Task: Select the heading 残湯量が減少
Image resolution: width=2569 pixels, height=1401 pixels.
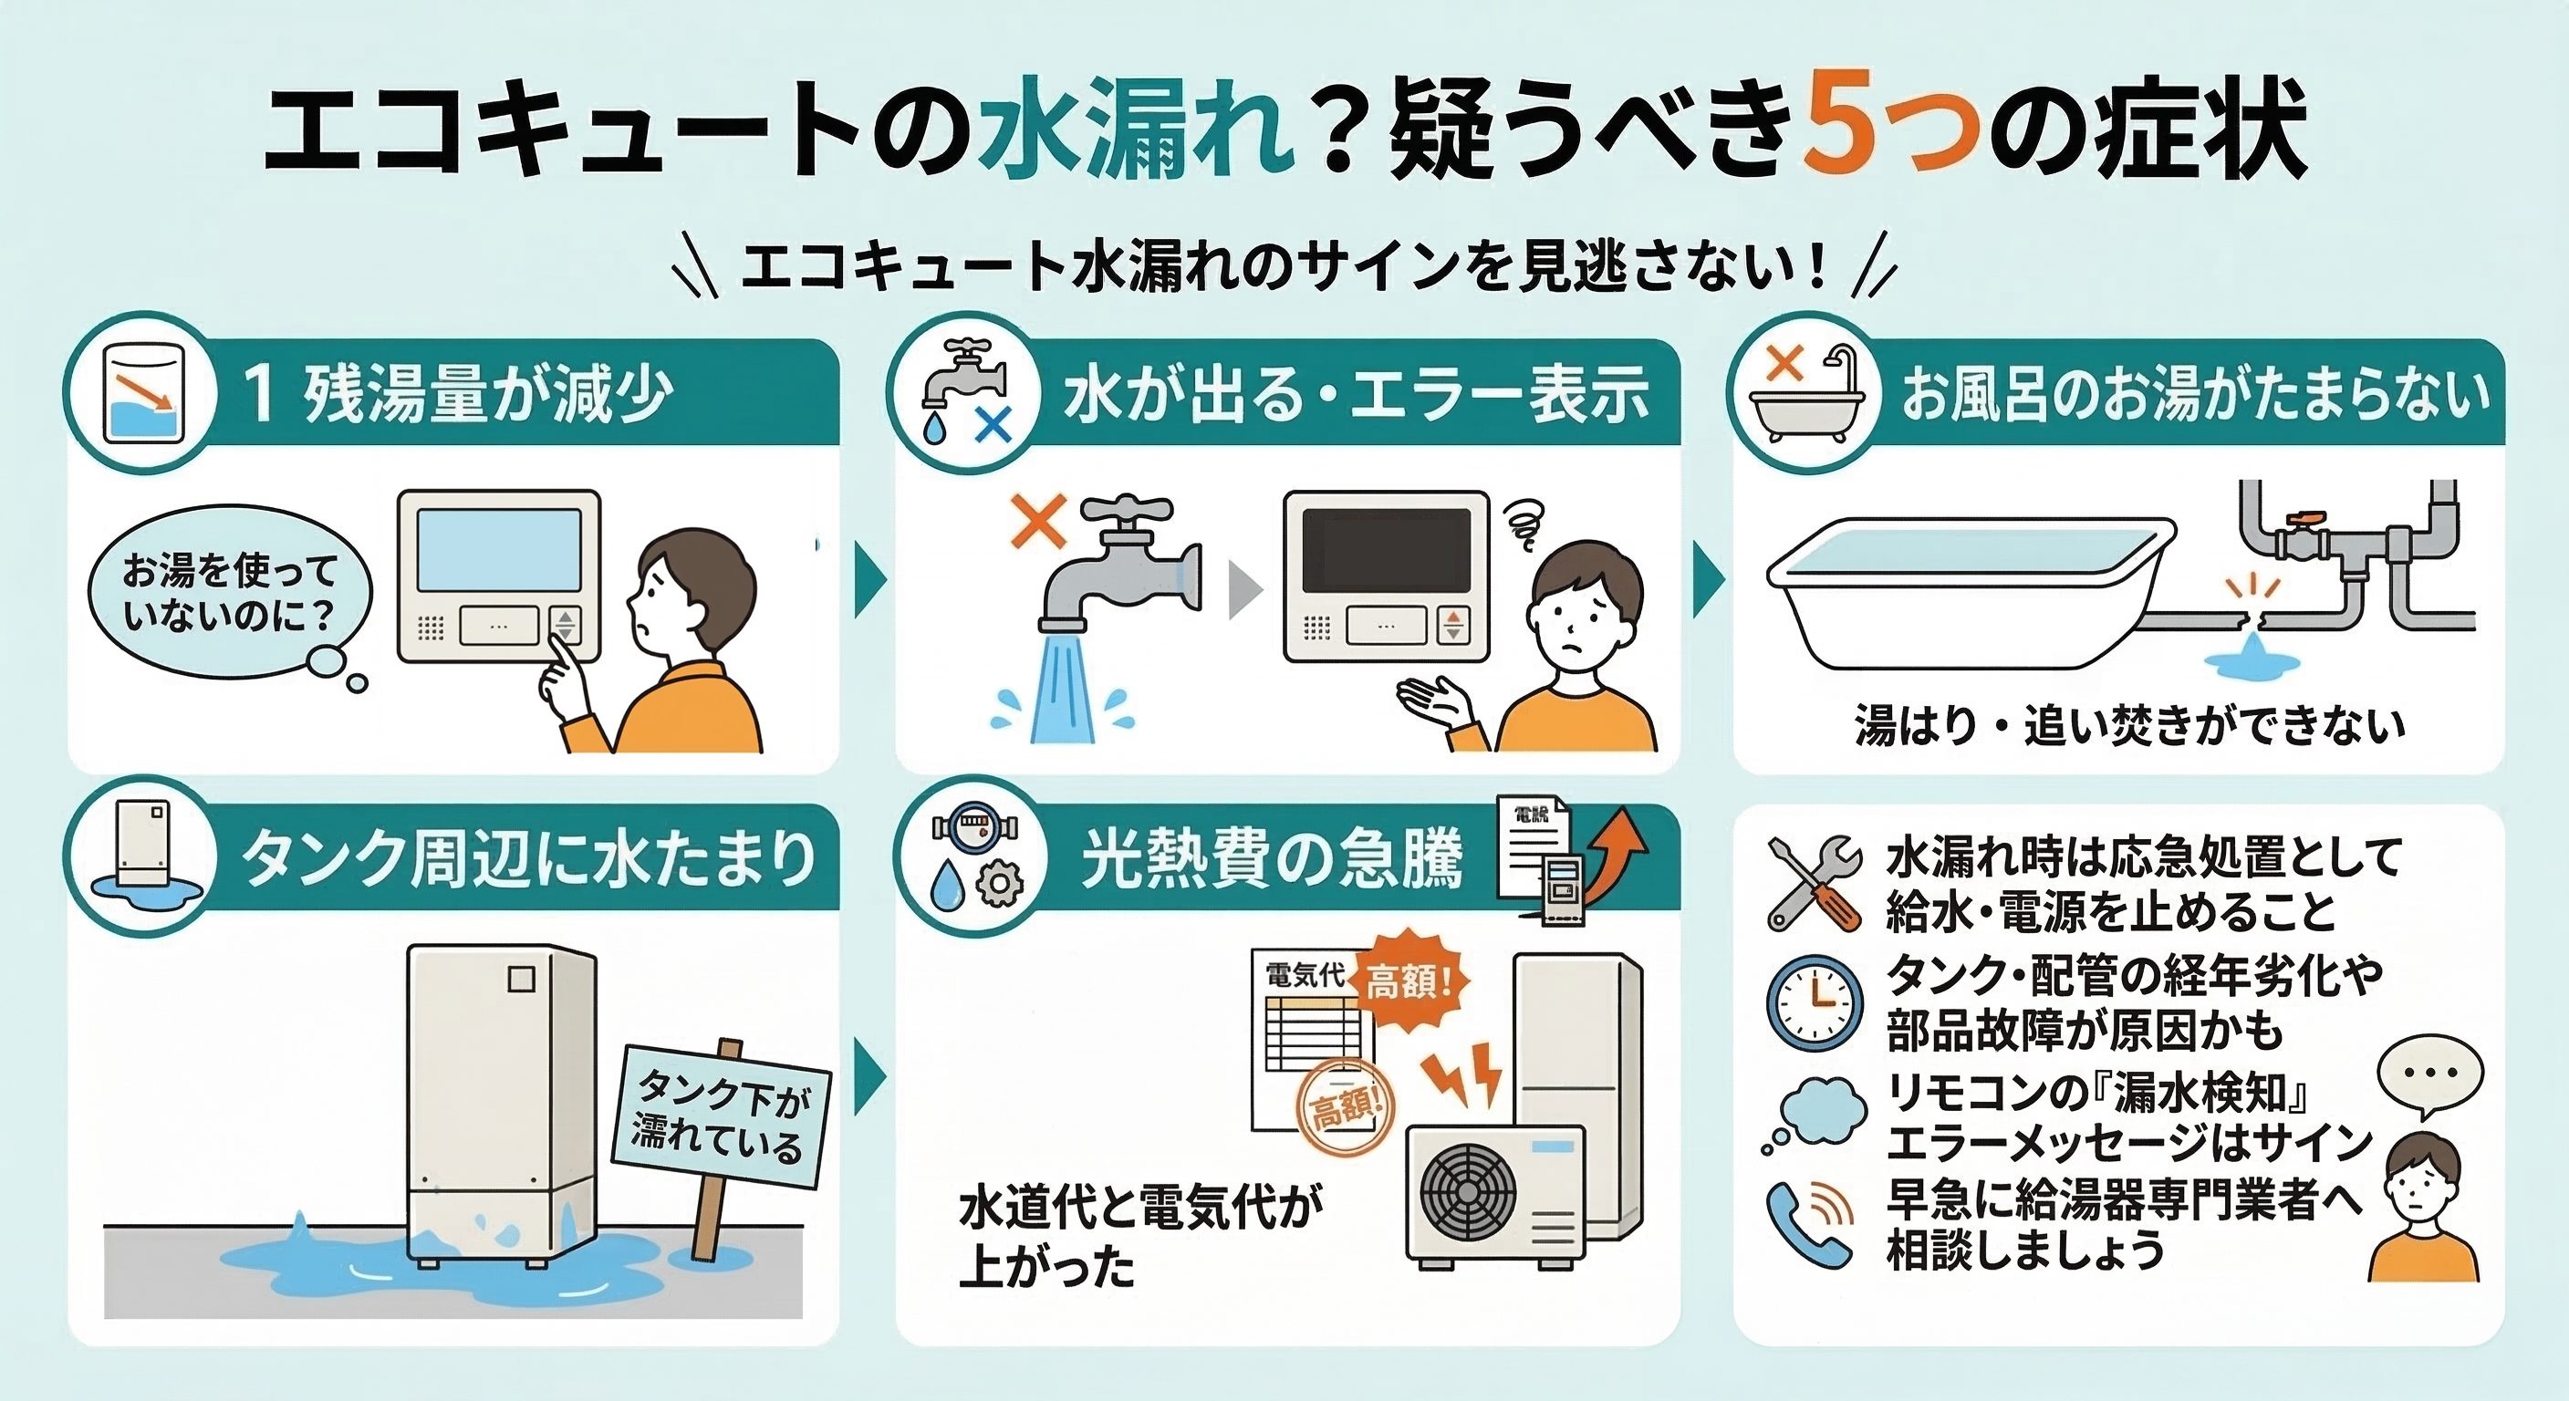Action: (x=488, y=393)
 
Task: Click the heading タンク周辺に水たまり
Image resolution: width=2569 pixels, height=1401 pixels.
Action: (x=528, y=857)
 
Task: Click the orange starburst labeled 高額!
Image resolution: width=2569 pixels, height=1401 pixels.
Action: (x=1409, y=983)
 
